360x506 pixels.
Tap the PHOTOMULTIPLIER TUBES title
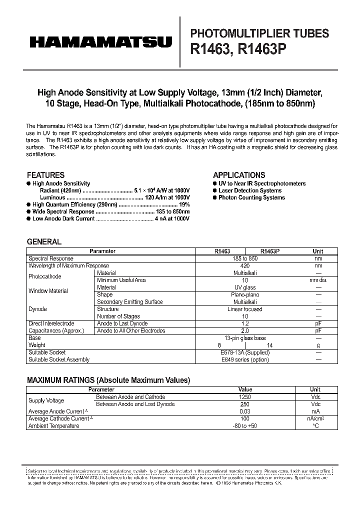[260, 33]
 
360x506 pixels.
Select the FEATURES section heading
[45, 175]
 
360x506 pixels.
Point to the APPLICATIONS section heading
[239, 175]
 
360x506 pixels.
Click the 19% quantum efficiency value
[185, 204]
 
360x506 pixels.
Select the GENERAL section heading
[44, 241]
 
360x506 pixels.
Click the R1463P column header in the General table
[270, 251]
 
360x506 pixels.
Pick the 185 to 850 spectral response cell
[245, 258]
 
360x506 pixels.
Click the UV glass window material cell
[245, 287]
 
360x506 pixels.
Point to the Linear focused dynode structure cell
[245, 309]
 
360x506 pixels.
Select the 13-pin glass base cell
[245, 338]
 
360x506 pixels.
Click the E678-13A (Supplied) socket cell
[245, 352]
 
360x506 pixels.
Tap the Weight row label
[37, 345]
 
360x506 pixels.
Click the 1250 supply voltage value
[245, 397]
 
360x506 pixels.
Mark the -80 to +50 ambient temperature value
[245, 425]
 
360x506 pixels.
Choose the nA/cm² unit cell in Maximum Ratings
[315, 418]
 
